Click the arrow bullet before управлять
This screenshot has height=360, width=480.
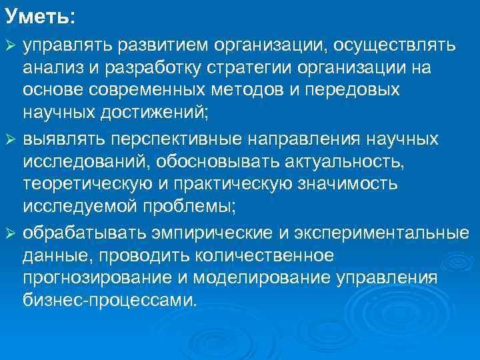pyautogui.click(x=11, y=45)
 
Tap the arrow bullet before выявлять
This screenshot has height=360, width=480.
pyautogui.click(x=11, y=139)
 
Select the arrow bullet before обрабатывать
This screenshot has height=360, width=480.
pyautogui.click(x=11, y=234)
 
